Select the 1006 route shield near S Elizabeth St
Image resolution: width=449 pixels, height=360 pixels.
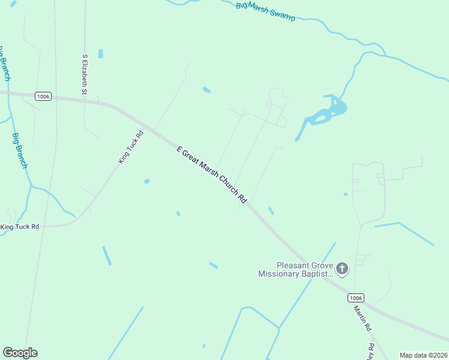(43, 96)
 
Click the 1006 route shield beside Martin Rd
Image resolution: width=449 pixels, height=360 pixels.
(356, 298)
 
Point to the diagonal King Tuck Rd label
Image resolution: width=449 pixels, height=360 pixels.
(131, 148)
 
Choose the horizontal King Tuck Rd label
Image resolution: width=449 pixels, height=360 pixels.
(20, 227)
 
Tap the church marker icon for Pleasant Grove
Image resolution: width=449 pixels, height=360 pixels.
(342, 268)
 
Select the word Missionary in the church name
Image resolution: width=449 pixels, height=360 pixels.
(280, 274)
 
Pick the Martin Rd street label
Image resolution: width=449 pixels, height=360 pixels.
(363, 320)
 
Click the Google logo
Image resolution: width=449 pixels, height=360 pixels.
(20, 353)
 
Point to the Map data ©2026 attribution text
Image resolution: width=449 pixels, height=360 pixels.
(424, 355)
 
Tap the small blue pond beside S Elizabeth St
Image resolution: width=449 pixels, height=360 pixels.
(100, 54)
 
